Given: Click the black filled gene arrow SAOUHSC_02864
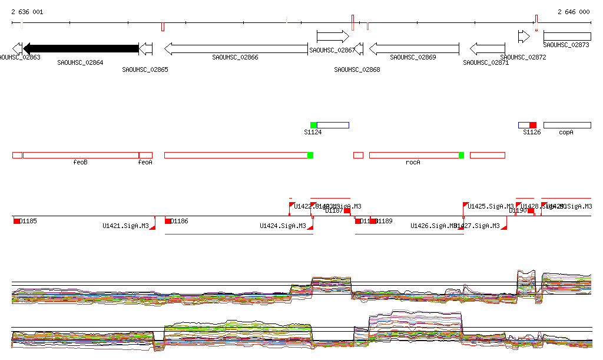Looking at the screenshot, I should [x=81, y=48].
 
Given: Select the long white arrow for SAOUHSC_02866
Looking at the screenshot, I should [x=236, y=48].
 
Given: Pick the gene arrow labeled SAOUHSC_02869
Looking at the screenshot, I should [x=414, y=48].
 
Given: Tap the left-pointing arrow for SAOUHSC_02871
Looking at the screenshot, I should [x=487, y=48].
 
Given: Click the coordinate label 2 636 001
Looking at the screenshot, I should [x=27, y=12].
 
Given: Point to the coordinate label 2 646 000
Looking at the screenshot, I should [x=574, y=12].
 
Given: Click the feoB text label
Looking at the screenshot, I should [x=81, y=162].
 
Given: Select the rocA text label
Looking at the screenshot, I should [x=413, y=162].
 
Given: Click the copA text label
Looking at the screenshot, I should [x=566, y=133].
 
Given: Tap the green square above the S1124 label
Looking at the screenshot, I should [x=314, y=125].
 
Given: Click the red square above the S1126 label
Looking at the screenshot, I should [x=533, y=125].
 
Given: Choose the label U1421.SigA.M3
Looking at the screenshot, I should [x=125, y=226].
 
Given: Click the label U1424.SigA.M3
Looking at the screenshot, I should [x=283, y=226].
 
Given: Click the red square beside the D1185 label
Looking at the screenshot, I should [x=16, y=221].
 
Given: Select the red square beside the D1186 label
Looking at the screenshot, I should [x=168, y=221].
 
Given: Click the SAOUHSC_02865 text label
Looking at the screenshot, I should [x=145, y=70].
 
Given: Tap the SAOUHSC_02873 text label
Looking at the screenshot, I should [x=566, y=45].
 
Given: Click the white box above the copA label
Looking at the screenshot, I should [x=567, y=125].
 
